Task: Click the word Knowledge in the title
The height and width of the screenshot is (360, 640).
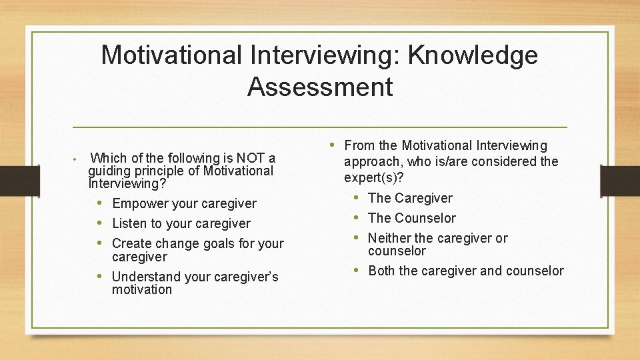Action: pos(472,55)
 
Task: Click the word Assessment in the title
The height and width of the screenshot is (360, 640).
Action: pos(320,87)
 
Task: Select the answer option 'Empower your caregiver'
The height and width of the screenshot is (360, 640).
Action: pos(184,203)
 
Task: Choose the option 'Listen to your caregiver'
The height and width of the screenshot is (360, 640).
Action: pos(181,223)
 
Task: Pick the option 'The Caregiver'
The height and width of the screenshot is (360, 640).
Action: pos(410,198)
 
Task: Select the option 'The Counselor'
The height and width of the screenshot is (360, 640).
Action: pos(412,218)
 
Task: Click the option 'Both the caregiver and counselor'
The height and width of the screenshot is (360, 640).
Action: pos(465,271)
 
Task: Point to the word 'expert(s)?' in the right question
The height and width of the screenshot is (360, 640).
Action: pos(374,178)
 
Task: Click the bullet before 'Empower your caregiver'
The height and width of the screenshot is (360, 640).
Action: pos(99,203)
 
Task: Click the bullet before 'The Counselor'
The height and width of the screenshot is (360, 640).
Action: pos(357,218)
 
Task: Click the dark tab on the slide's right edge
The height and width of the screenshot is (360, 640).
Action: pos(620,180)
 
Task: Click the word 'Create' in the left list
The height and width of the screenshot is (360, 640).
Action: pos(131,243)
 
